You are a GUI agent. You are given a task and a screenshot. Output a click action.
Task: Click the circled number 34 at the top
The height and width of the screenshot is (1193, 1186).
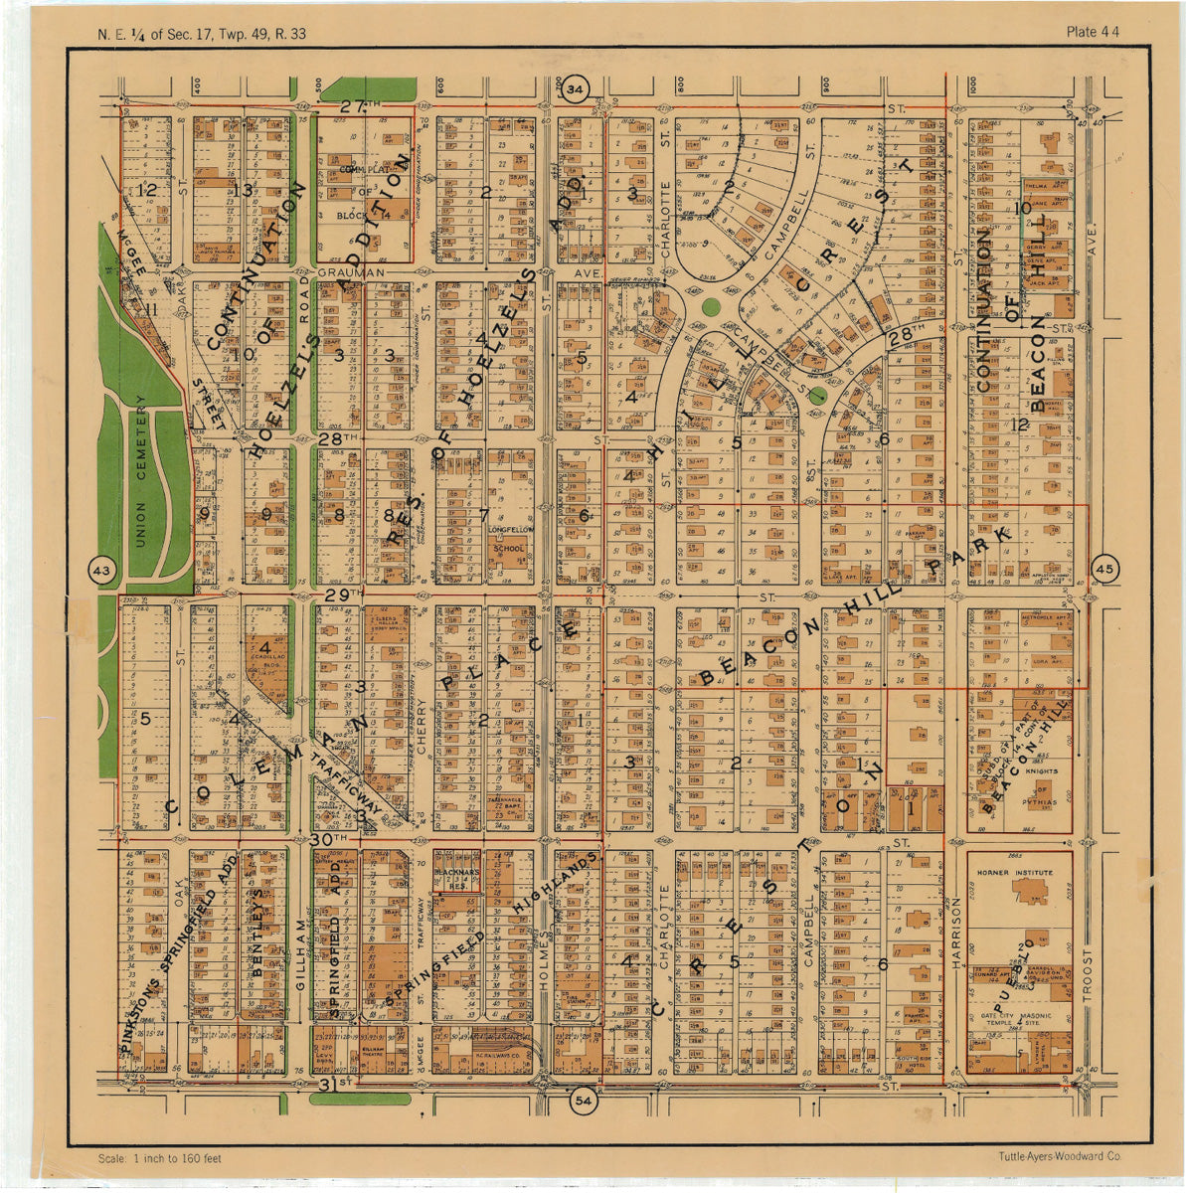(x=575, y=90)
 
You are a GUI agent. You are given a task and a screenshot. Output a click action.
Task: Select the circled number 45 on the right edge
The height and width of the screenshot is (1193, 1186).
(x=1106, y=569)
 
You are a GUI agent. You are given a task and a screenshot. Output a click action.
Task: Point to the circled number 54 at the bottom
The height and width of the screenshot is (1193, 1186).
(x=584, y=1101)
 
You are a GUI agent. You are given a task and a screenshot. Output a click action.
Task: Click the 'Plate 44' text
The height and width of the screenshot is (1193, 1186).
(x=1093, y=32)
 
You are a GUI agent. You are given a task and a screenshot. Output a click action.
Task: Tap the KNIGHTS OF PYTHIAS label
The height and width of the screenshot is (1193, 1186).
(x=1034, y=784)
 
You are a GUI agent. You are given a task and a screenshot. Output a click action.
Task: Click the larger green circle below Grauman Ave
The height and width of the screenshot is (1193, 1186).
(x=710, y=307)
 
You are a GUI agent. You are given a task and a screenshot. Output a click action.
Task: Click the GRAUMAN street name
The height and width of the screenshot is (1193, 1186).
(x=343, y=270)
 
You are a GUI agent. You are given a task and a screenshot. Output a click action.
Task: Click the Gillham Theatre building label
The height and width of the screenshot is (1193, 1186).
(x=373, y=1050)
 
